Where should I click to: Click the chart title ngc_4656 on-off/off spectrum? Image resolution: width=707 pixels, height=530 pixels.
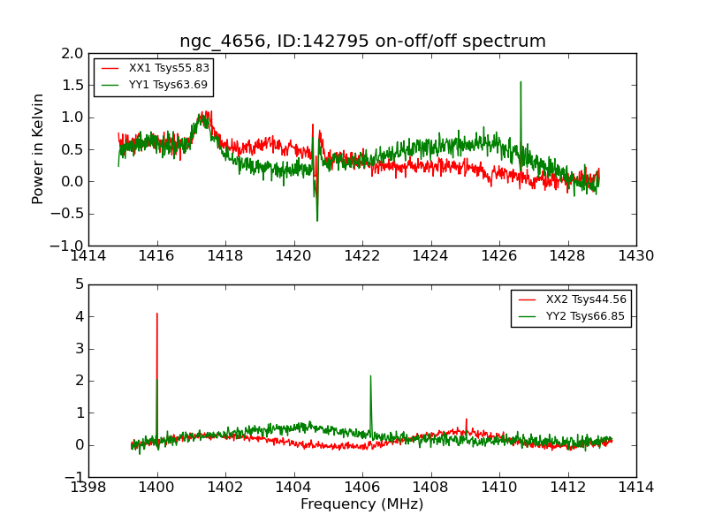tap(362, 42)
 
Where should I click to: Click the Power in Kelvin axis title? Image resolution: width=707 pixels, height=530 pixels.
tap(38, 148)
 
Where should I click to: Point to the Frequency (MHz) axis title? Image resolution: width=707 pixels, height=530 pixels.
tap(361, 504)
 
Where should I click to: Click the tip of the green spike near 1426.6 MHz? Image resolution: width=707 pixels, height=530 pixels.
tap(521, 82)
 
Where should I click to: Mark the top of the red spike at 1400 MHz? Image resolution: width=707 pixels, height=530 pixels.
tap(157, 313)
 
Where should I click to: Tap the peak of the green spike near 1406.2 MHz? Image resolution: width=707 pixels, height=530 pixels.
tap(370, 375)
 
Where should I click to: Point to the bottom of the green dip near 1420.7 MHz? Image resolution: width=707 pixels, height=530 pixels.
tap(317, 220)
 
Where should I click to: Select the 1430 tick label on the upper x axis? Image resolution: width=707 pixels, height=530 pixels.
tap(635, 256)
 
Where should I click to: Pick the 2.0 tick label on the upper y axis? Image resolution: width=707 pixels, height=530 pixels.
tap(72, 53)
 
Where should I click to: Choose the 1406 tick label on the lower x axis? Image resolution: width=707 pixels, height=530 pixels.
tap(361, 487)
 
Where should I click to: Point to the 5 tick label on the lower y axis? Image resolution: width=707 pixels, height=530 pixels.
tap(79, 284)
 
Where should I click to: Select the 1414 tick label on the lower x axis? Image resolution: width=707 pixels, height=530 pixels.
tap(635, 487)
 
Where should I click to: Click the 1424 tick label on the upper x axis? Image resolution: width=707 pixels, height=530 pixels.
tap(430, 256)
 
